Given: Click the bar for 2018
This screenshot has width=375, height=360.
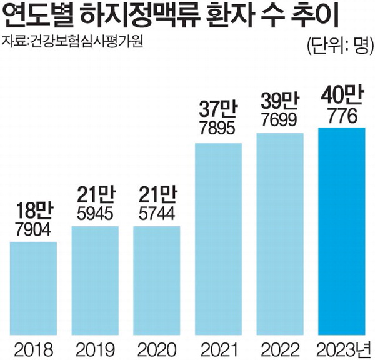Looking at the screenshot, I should pyautogui.click(x=34, y=288).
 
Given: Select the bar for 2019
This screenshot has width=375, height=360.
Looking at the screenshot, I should pyautogui.click(x=95, y=281).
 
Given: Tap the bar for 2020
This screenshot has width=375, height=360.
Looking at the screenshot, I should pyautogui.click(x=157, y=281).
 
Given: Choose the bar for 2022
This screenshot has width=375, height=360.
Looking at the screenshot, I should pyautogui.click(x=280, y=234).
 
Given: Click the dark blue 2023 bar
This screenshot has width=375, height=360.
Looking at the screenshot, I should pyautogui.click(x=341, y=231).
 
